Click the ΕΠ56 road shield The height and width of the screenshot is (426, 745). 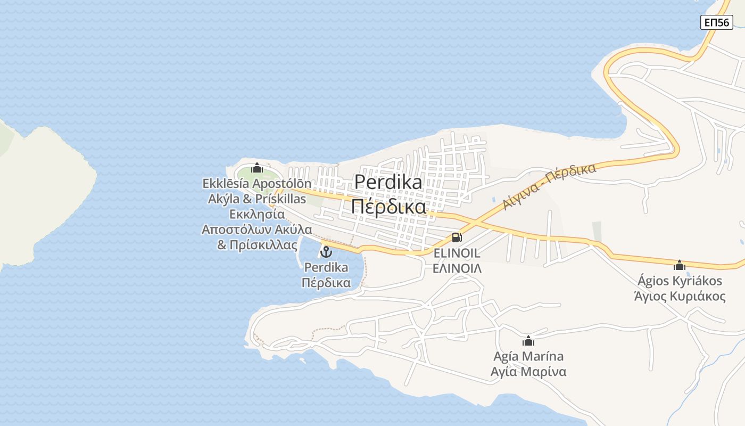[716, 22]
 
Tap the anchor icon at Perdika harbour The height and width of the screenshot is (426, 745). [326, 251]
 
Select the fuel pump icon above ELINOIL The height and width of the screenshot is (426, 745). [457, 237]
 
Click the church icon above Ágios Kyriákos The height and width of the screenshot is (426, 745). [680, 265]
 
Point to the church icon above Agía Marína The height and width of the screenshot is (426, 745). [528, 341]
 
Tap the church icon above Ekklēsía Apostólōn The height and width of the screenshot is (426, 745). [257, 168]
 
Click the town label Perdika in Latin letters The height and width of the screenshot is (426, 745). [388, 182]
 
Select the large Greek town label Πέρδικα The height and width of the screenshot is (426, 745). [388, 207]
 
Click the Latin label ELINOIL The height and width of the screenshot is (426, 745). [457, 253]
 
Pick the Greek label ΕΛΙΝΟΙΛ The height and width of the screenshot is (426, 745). [457, 268]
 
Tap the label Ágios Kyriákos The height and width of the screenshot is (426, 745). [680, 281]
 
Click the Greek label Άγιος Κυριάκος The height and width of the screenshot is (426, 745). [680, 296]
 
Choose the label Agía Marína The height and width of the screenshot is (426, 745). [528, 356]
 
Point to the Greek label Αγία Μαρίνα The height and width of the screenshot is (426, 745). [528, 371]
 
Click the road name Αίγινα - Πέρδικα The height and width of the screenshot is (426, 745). [549, 186]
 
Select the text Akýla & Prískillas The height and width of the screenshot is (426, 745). [256, 199]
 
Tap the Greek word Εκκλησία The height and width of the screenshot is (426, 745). [256, 214]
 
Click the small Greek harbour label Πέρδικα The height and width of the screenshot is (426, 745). [326, 282]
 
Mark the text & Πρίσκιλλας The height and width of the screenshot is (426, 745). [256, 245]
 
